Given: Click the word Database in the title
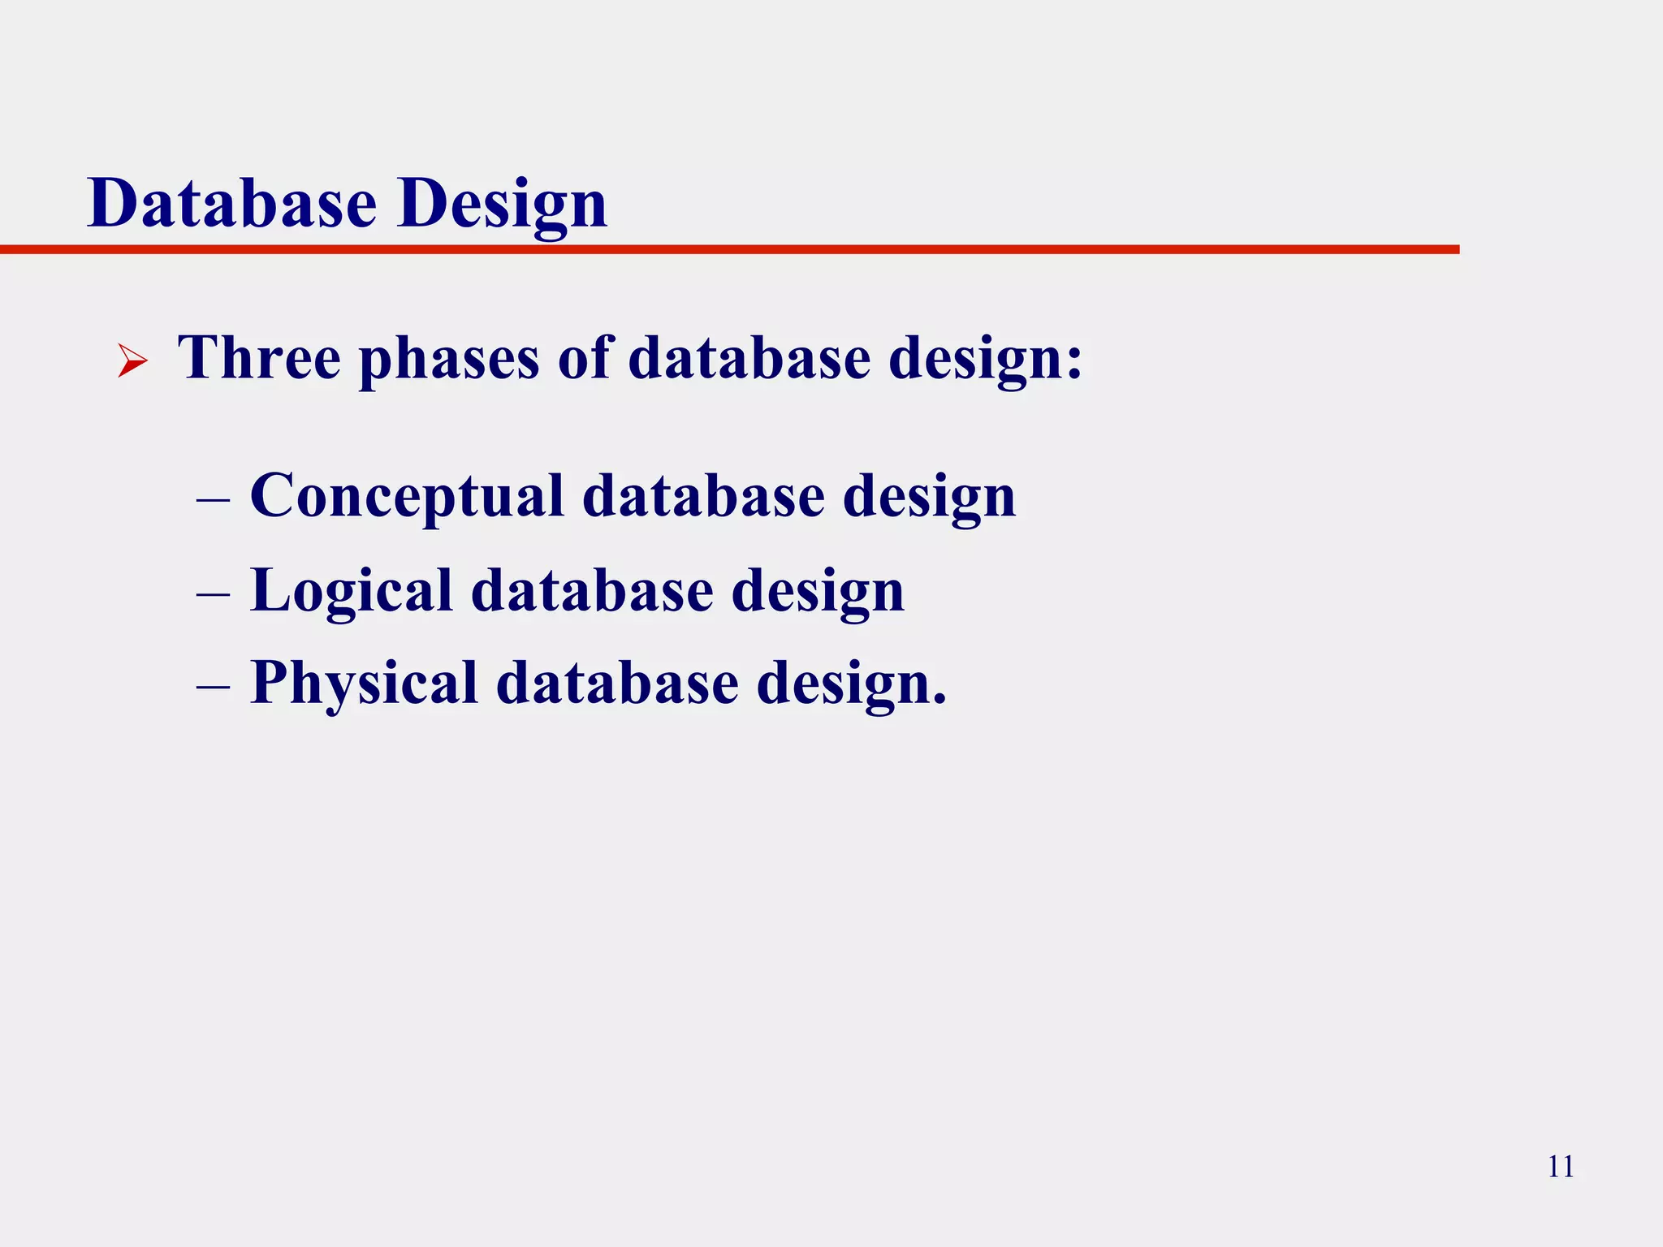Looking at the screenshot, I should [x=232, y=203].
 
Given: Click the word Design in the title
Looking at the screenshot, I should [x=503, y=203].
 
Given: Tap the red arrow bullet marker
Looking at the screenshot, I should [x=132, y=360].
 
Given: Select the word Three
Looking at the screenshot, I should [x=259, y=357].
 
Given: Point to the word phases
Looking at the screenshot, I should [x=449, y=359].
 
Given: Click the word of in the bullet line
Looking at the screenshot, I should [x=584, y=357].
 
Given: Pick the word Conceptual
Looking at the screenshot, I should [x=407, y=496].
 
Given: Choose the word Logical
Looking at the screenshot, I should [x=351, y=591].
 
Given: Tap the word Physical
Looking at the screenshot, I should [x=364, y=684].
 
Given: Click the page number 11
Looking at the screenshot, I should [x=1561, y=1167].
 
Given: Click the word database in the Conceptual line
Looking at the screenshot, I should [x=703, y=496].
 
